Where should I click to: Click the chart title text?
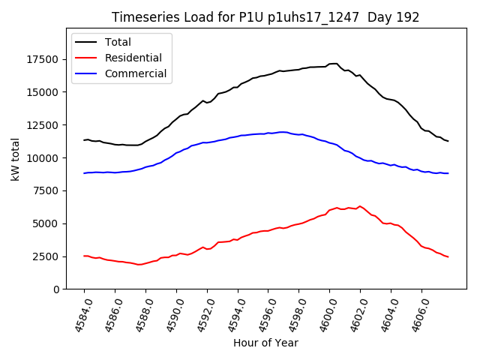click(x=265, y=17)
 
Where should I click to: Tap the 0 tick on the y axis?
click(x=56, y=289)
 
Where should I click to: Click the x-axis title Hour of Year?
click(x=265, y=343)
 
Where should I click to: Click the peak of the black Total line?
click(x=334, y=64)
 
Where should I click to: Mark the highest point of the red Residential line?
click(x=360, y=206)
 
